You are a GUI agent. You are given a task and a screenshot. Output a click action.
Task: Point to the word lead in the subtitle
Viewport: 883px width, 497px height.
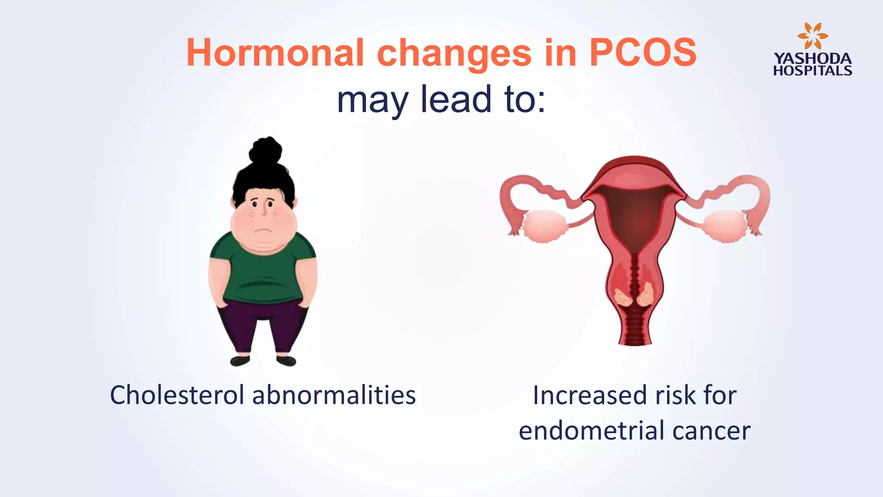(x=456, y=99)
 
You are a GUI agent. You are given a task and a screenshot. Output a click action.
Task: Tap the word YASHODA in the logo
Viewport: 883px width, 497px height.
(x=812, y=59)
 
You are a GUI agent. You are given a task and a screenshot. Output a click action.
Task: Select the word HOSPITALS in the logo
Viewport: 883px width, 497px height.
(x=812, y=71)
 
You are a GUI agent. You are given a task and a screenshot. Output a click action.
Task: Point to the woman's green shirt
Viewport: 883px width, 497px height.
(x=263, y=272)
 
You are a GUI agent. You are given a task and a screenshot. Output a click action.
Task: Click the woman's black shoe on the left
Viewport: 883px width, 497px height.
(x=240, y=360)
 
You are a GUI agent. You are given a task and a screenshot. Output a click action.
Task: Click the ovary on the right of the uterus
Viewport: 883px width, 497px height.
(x=725, y=225)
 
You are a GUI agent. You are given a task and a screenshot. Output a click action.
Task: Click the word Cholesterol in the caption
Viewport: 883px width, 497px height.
(x=177, y=395)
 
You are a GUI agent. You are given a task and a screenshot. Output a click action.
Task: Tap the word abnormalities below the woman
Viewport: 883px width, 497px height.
(x=334, y=395)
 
